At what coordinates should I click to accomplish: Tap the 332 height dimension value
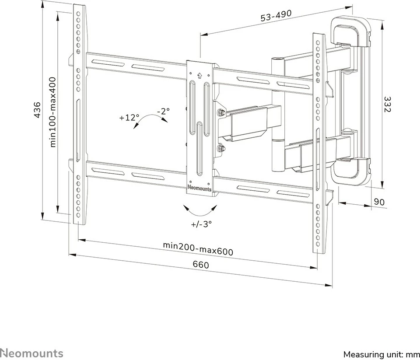pyautogui.click(x=386, y=104)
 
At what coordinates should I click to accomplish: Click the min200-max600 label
pyautogui.click(x=198, y=248)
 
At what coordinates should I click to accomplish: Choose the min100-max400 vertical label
pyautogui.click(x=53, y=113)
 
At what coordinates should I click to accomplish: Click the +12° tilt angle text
pyautogui.click(x=129, y=117)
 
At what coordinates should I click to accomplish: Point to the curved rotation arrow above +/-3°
pyautogui.click(x=201, y=211)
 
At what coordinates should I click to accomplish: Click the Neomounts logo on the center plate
pyautogui.click(x=199, y=189)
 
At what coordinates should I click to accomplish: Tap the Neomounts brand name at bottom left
pyautogui.click(x=31, y=353)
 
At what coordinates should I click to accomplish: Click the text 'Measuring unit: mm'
pyautogui.click(x=381, y=354)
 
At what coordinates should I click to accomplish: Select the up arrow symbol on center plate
pyautogui.click(x=200, y=75)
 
